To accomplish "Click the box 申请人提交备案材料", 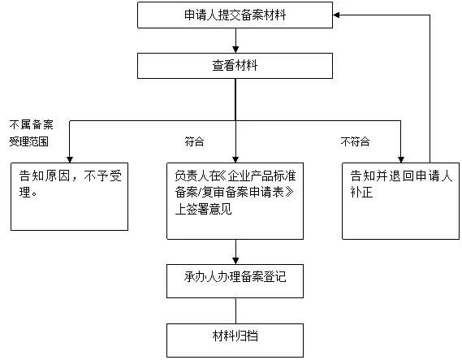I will click(235, 14).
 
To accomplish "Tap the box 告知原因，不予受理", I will click(69, 196).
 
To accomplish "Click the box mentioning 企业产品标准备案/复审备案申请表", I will click(235, 201).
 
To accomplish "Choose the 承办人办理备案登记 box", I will click(235, 278).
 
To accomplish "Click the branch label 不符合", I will click(355, 141).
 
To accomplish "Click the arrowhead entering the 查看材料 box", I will click(235, 50).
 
